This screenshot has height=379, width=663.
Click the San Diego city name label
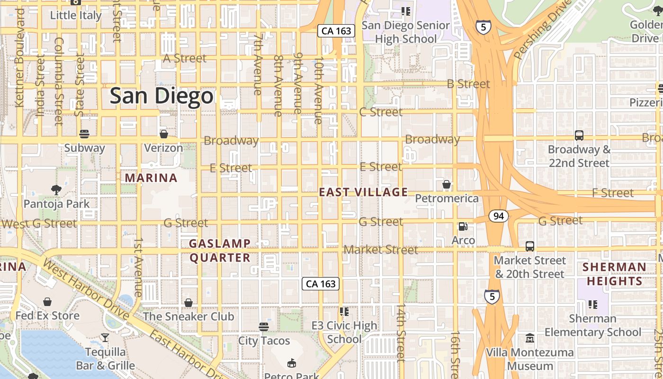[x=161, y=96]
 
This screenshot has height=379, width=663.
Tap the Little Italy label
[x=76, y=15]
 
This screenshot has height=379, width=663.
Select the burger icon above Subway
[x=84, y=134]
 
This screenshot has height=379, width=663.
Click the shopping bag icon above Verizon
[x=163, y=134]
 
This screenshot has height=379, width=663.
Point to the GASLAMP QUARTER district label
[x=220, y=251]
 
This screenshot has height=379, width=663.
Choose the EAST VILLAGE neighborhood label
[x=363, y=192]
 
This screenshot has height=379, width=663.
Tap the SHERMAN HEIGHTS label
[x=614, y=274]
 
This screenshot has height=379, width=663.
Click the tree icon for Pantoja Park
[x=56, y=190]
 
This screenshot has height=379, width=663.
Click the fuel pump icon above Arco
[x=463, y=227]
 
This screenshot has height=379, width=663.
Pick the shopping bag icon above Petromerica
[x=446, y=184]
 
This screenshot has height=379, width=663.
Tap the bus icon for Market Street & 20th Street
[x=529, y=246]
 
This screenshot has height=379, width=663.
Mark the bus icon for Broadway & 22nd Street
[x=579, y=135]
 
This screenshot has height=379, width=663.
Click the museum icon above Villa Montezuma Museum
[x=529, y=339]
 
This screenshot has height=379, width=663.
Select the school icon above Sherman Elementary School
[x=592, y=304]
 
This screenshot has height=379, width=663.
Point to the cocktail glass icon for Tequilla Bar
[x=105, y=338]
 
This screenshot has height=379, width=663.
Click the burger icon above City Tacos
[x=264, y=326]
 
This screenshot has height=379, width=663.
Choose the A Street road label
[x=185, y=58]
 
